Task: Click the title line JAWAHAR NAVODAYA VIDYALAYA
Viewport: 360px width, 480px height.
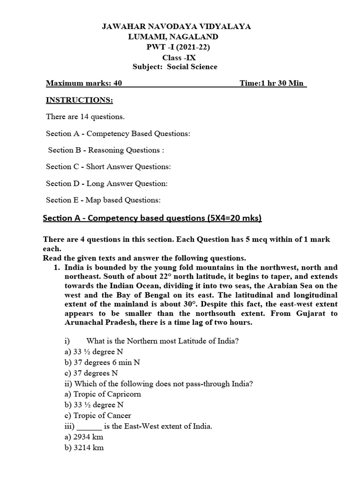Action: click(x=176, y=27)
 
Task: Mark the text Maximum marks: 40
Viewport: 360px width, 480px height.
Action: click(x=84, y=83)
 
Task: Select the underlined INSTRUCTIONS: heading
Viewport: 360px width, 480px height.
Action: click(x=79, y=100)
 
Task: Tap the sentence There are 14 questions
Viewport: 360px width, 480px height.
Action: click(x=85, y=117)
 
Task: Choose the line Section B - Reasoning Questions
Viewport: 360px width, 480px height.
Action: click(x=106, y=150)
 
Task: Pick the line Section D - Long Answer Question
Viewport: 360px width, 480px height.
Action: click(x=107, y=183)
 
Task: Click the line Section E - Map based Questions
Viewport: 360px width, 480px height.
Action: click(x=103, y=200)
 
